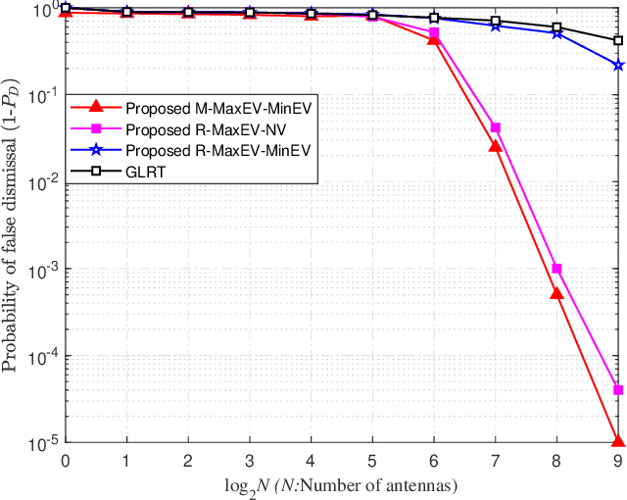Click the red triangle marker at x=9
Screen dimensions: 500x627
[x=618, y=441]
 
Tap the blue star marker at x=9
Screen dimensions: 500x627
[x=618, y=66]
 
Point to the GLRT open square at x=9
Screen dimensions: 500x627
[x=618, y=41]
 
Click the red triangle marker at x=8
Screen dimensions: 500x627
[x=556, y=293]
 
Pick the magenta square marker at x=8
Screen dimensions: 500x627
[x=556, y=269]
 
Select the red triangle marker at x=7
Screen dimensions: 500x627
[x=496, y=146]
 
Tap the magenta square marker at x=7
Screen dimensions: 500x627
[x=496, y=127]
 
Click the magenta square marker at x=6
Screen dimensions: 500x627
[x=434, y=32]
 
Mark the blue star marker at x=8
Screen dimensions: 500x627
[x=556, y=33]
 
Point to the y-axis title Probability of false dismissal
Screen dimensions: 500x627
[x=14, y=225]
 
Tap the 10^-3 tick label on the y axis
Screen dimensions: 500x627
[x=40, y=270]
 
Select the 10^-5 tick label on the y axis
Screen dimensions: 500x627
[x=40, y=443]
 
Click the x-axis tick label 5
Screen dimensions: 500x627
[x=372, y=460]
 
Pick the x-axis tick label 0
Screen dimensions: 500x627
[x=66, y=460]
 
